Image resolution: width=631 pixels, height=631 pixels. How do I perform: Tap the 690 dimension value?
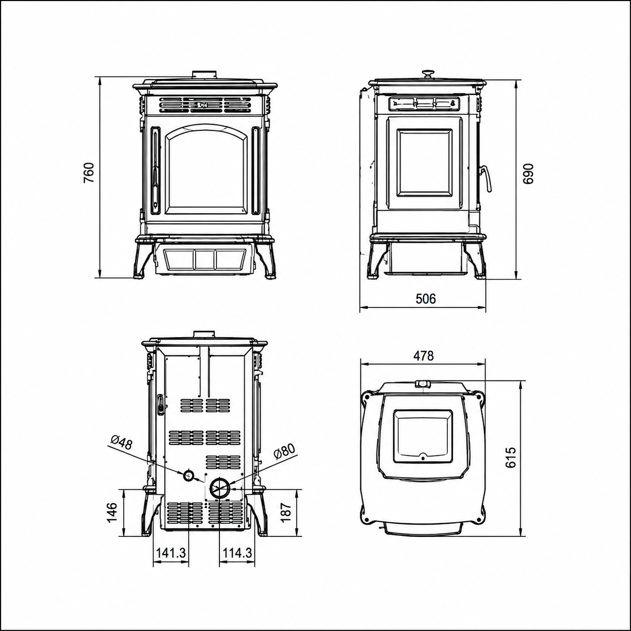tap(527, 174)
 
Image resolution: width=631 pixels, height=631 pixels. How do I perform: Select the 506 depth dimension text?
tap(426, 298)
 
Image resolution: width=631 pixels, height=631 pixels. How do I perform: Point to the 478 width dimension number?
tap(423, 356)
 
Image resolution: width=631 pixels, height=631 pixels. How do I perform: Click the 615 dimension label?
tap(511, 457)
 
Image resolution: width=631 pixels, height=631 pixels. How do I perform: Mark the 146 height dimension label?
tap(112, 522)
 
